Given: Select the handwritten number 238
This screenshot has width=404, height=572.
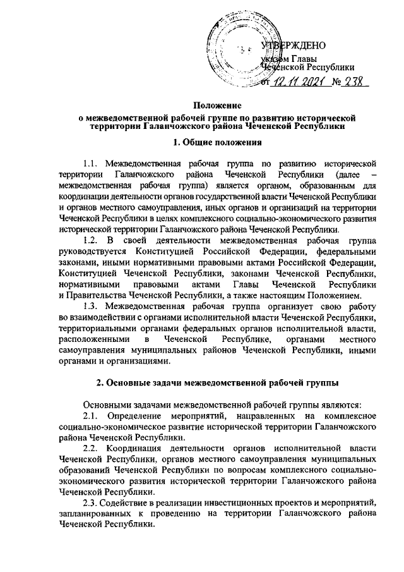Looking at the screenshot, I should (x=355, y=83).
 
